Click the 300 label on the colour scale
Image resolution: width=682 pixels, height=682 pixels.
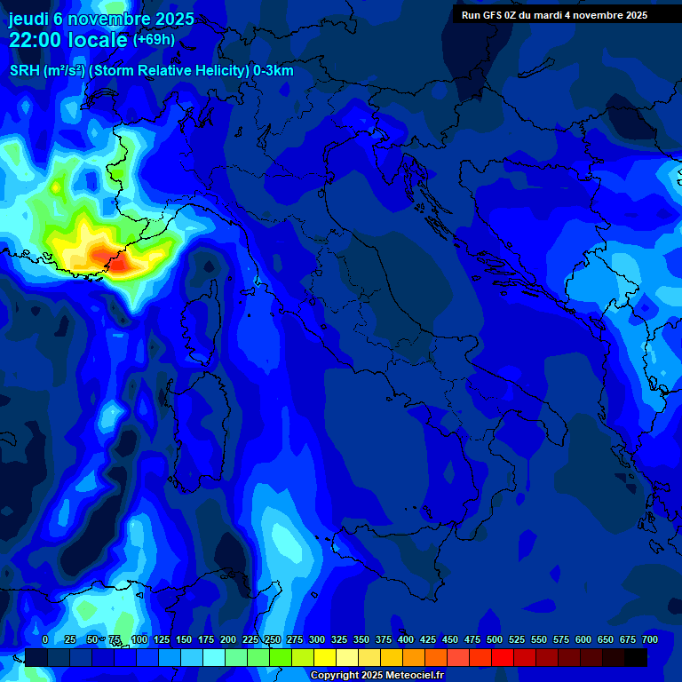317,639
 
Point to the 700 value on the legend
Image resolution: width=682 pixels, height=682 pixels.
649,639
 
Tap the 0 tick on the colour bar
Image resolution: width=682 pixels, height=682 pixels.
45,639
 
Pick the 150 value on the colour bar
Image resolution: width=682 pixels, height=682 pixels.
184,639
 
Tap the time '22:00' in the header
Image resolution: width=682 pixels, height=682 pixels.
36,40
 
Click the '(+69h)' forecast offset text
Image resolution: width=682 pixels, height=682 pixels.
154,40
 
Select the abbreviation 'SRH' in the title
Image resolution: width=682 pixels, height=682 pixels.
24,70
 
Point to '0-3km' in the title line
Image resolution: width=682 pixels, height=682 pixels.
274,70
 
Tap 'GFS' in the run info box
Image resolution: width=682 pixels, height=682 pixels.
493,15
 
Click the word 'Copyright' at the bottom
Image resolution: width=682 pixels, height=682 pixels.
335,676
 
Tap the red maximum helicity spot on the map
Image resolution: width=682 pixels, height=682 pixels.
120,263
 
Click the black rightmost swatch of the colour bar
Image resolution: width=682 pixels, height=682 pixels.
636,657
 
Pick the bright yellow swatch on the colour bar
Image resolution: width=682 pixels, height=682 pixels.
325,657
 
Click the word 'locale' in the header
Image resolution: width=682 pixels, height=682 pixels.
99,40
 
